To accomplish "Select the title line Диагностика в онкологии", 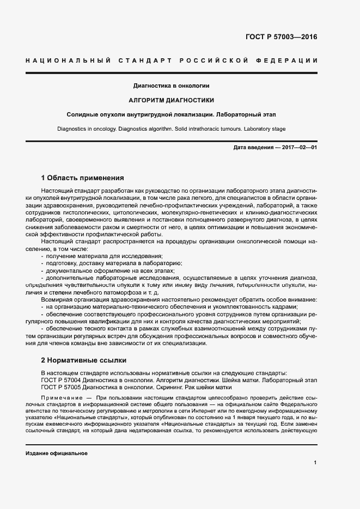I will coord(172,85).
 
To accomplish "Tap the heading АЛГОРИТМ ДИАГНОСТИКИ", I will coord(171,100).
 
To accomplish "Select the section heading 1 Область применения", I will coord(83,177).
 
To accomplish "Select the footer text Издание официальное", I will coord(57,453).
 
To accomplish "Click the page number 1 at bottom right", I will coord(315,462).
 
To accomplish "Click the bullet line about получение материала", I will coord(103,255).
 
